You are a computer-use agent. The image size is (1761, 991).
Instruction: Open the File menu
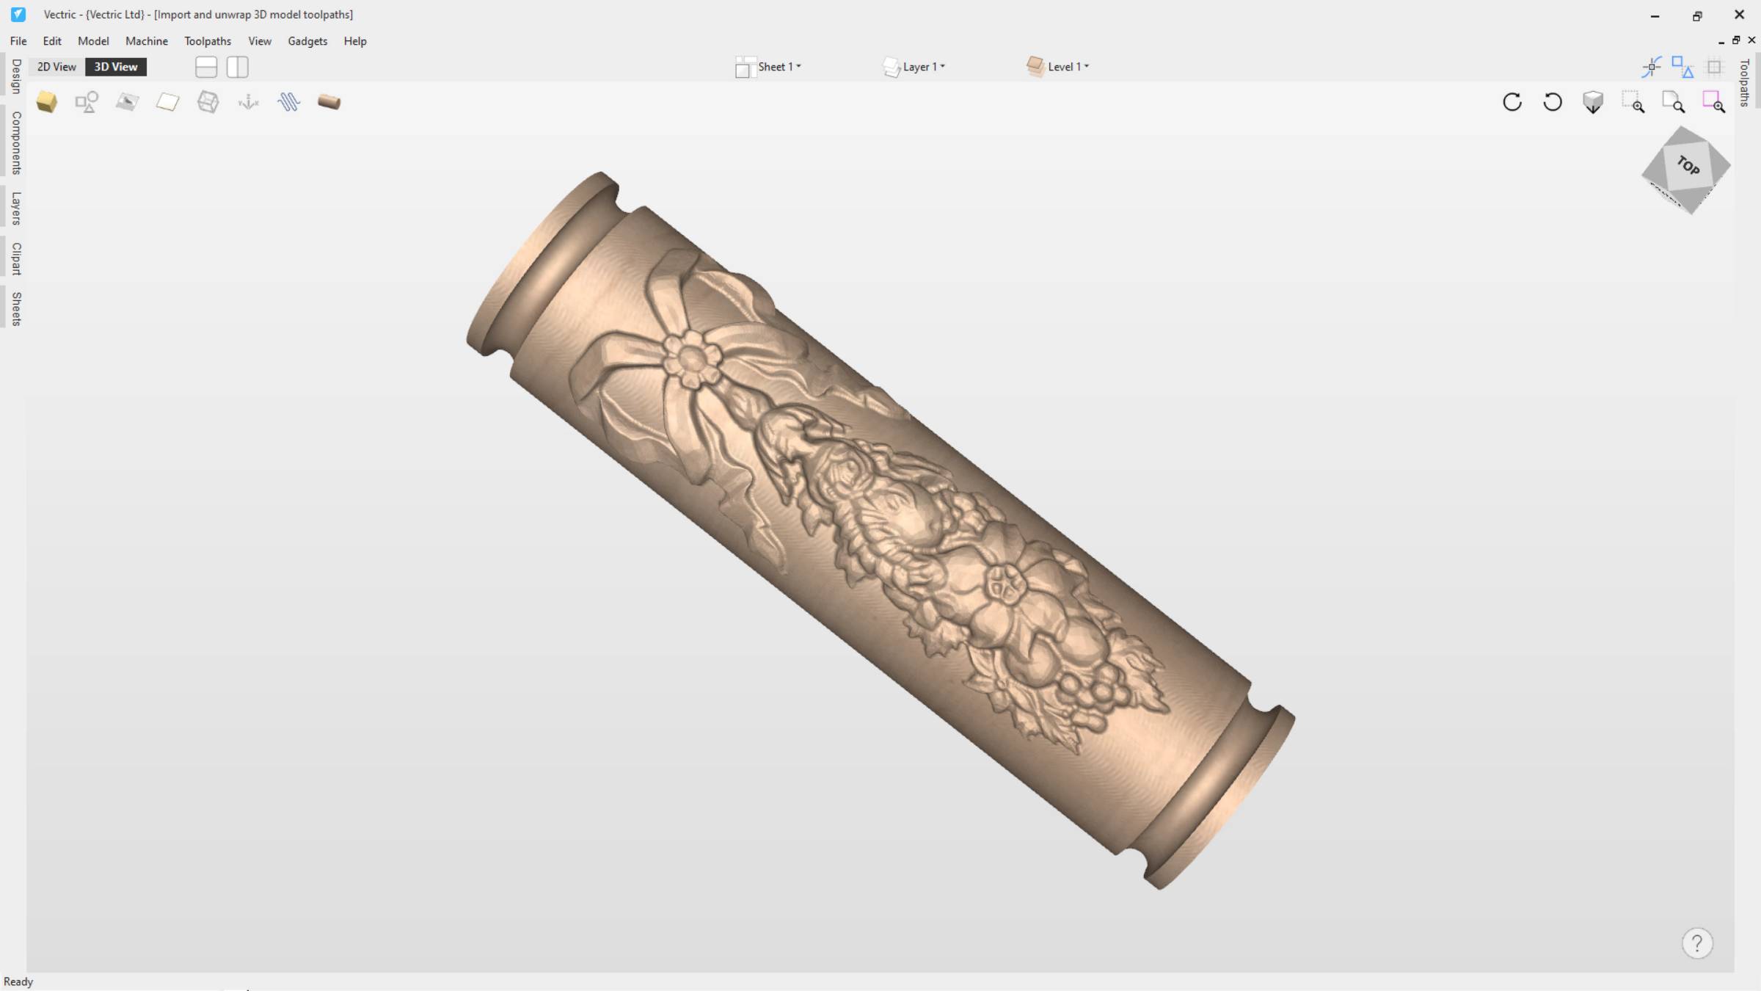click(18, 41)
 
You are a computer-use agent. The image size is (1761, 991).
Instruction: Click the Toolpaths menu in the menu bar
click(208, 41)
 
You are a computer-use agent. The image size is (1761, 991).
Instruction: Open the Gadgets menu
click(307, 41)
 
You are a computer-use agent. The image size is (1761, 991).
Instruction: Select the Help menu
click(355, 41)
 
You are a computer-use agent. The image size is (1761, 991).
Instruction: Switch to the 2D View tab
click(56, 67)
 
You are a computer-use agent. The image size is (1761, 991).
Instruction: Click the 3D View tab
click(116, 67)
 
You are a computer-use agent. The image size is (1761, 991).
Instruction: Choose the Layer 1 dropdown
click(914, 67)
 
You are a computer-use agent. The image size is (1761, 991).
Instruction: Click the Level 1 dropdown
click(1058, 67)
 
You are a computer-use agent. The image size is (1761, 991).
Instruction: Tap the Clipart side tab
click(16, 258)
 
